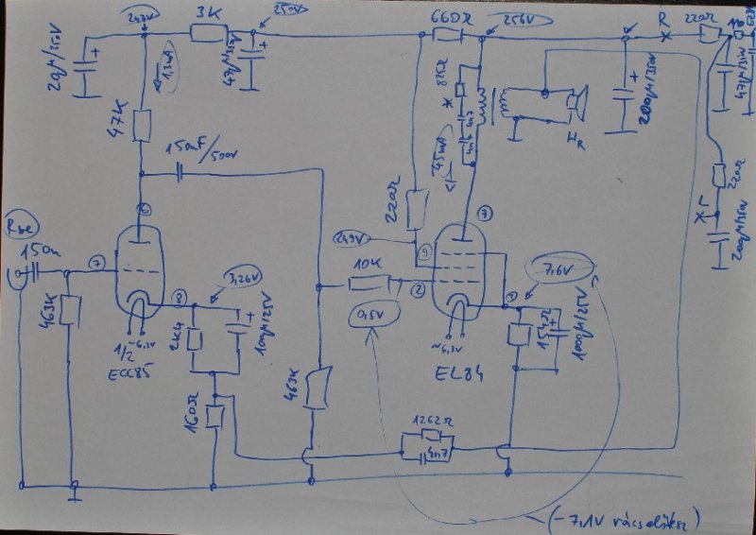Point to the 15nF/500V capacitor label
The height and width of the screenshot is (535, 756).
[198, 150]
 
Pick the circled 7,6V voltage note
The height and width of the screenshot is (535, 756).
[555, 272]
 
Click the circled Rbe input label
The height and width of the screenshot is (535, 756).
[23, 226]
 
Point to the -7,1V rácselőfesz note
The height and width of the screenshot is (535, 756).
[643, 518]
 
